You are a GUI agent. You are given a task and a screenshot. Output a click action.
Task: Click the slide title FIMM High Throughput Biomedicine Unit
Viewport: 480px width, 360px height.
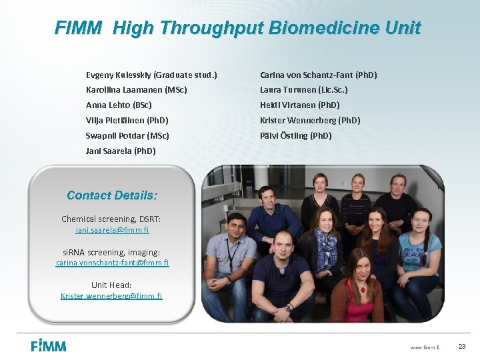tap(237, 28)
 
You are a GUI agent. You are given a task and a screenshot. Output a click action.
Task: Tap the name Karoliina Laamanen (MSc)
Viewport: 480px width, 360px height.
tap(136, 89)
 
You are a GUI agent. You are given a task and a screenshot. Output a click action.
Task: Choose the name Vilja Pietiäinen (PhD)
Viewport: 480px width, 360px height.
tap(127, 120)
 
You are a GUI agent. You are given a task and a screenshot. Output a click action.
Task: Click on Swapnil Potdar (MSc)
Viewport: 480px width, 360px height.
tap(127, 135)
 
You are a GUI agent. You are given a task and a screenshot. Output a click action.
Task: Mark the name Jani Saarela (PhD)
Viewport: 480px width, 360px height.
tap(121, 151)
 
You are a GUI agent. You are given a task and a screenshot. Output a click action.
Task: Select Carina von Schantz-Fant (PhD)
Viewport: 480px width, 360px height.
tap(318, 75)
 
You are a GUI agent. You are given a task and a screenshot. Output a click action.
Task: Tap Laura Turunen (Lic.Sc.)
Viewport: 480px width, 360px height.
tap(303, 89)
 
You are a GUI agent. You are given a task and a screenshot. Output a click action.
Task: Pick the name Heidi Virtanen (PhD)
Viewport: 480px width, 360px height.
tap(299, 105)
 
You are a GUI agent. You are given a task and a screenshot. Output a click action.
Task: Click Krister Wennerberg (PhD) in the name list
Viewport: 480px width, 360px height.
tap(309, 120)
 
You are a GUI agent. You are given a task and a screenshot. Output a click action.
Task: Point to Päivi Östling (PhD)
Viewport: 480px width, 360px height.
tap(295, 135)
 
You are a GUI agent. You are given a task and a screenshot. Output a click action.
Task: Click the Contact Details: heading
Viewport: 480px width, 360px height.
tap(112, 195)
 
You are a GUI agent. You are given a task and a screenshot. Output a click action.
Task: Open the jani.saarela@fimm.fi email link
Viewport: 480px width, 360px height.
tap(112, 230)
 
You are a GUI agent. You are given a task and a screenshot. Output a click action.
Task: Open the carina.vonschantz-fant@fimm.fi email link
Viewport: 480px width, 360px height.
tap(112, 263)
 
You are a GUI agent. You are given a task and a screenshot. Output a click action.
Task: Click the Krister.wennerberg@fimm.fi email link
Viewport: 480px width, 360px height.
tap(111, 296)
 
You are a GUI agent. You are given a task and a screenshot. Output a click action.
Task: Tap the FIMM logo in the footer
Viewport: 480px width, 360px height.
tap(49, 345)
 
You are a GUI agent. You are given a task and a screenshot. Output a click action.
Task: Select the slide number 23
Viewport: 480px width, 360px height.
tap(462, 346)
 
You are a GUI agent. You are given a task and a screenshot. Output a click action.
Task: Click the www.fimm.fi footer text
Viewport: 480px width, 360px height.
tap(425, 347)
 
